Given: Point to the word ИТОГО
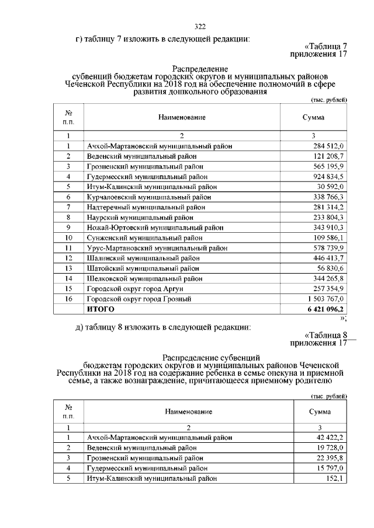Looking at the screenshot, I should pos(101,309).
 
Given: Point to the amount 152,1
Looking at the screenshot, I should pos(336,478).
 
